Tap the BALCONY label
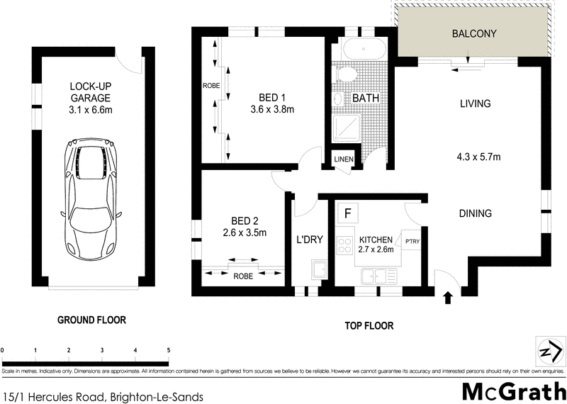474,34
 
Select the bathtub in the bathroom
361,51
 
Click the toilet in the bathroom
347,74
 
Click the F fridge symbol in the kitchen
347,212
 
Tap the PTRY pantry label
412,241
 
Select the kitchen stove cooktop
345,245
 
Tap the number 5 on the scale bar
168,350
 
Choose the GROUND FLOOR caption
91,320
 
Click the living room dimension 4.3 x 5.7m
479,157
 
